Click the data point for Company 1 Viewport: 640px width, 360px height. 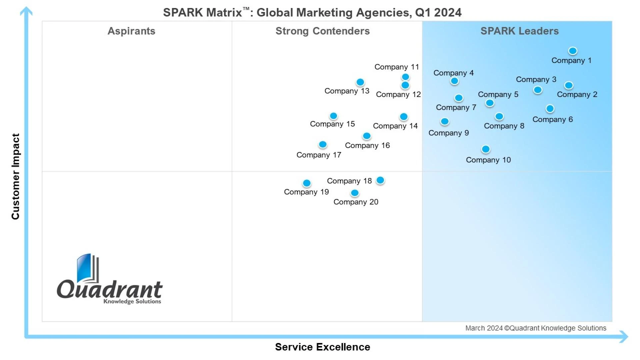click(573, 51)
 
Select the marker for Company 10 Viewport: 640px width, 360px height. click(486, 149)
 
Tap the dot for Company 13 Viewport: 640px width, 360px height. click(360, 82)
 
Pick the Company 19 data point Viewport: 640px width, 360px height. click(307, 183)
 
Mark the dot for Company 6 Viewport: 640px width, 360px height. click(550, 109)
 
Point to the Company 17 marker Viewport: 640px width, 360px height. click(323, 145)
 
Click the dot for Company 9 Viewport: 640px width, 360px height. click(445, 122)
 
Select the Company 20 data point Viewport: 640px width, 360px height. click(355, 193)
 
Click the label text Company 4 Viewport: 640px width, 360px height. click(453, 73)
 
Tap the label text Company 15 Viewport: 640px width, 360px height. click(332, 124)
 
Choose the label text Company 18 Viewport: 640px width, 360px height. click(349, 181)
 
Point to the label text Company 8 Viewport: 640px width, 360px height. click(504, 126)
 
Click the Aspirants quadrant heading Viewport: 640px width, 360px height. click(131, 31)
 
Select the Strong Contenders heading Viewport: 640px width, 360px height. click(322, 31)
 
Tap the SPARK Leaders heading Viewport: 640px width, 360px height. click(519, 31)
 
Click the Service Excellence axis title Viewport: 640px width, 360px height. click(322, 347)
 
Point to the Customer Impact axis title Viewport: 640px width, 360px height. click(15, 176)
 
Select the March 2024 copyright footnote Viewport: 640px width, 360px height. click(536, 328)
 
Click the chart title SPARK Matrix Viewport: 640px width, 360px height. click(312, 13)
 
